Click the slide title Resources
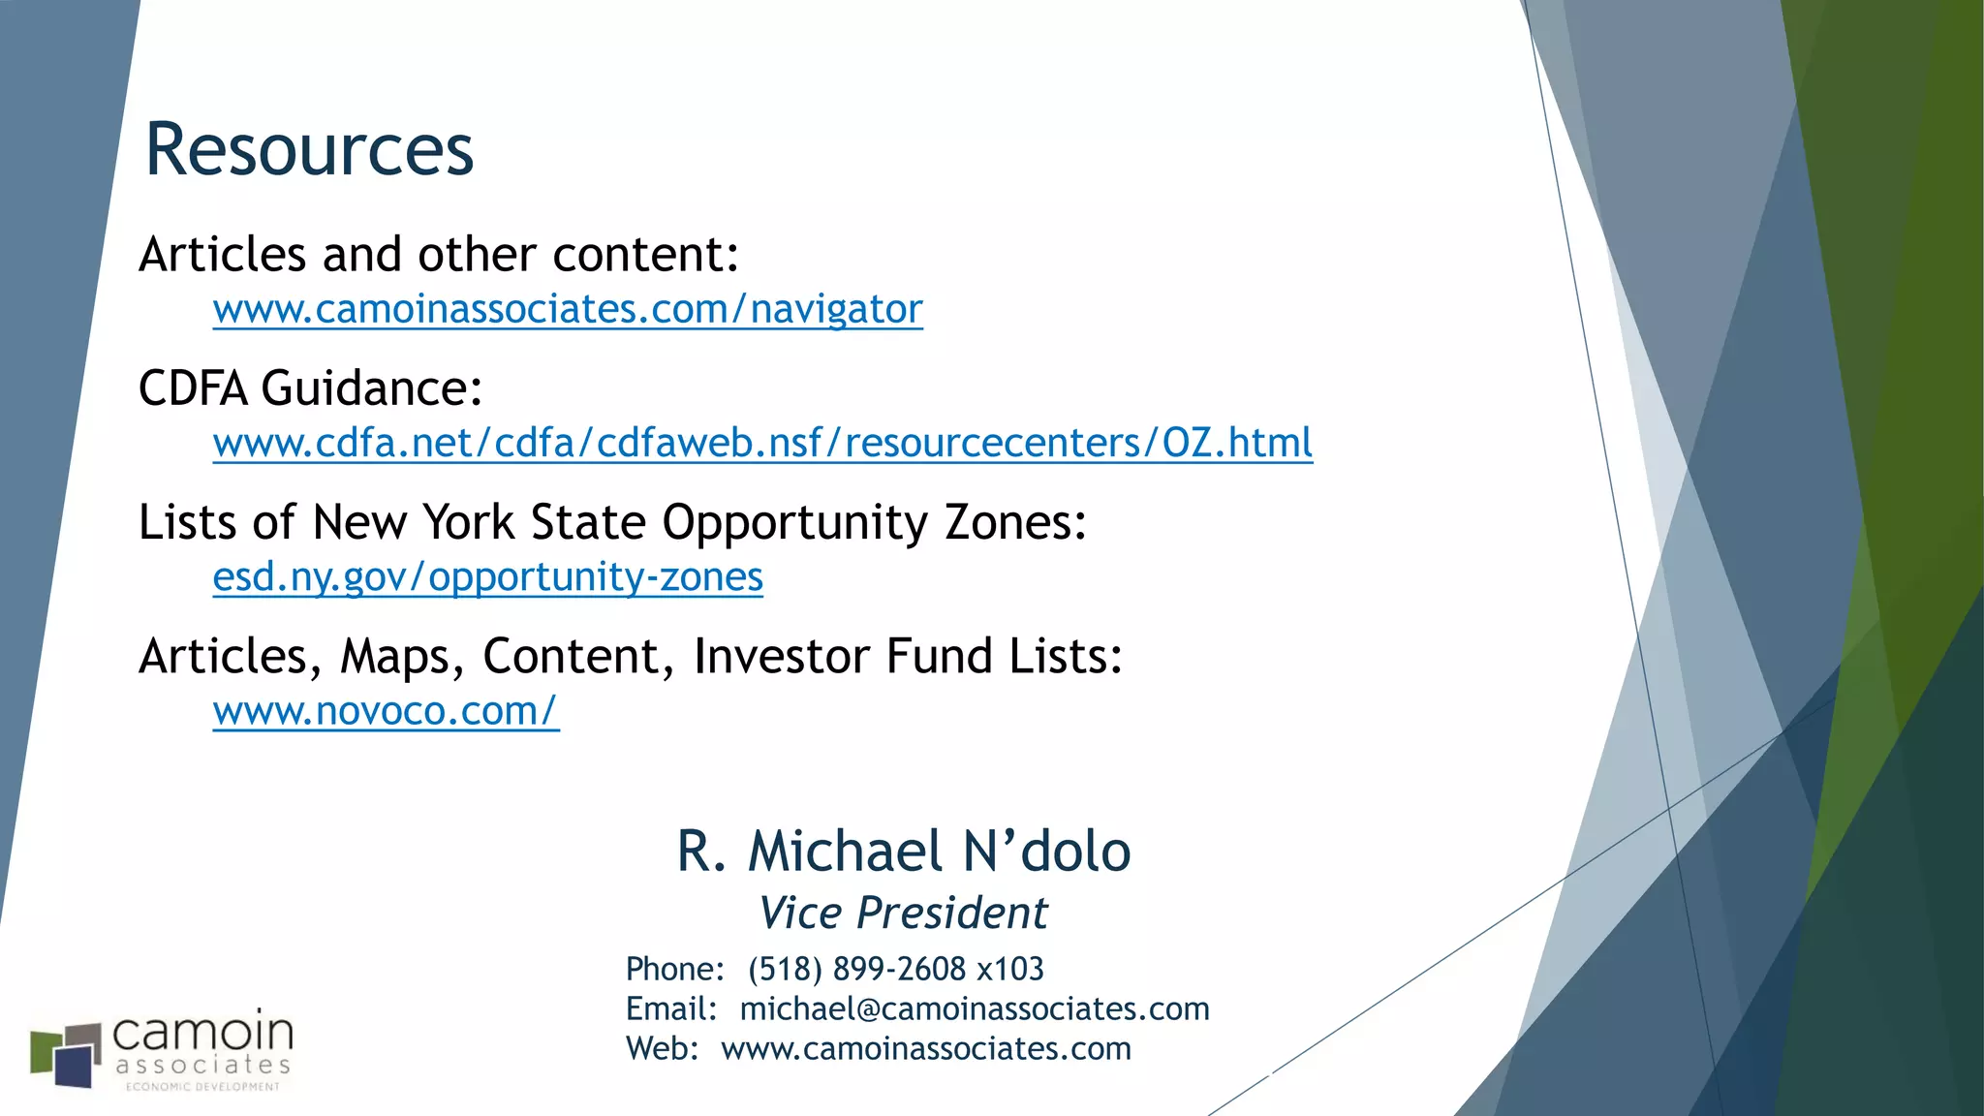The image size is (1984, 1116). pyautogui.click(x=309, y=150)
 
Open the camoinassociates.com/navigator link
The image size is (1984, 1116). pyautogui.click(x=568, y=310)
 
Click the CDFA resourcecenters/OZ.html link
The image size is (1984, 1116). pyautogui.click(x=762, y=444)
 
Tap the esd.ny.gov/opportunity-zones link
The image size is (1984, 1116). pyautogui.click(x=487, y=577)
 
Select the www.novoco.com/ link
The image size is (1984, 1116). pyautogui.click(x=386, y=711)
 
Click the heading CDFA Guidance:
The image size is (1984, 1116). pyautogui.click(x=310, y=388)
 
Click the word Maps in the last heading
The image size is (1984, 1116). pyautogui.click(x=395, y=657)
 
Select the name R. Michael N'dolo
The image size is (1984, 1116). pyautogui.click(x=903, y=852)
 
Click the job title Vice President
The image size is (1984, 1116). pyautogui.click(x=903, y=913)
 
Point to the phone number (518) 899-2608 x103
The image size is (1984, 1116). pyautogui.click(x=895, y=969)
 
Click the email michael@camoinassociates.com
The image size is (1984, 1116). pyautogui.click(x=975, y=1008)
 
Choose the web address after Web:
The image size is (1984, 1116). pyautogui.click(x=926, y=1048)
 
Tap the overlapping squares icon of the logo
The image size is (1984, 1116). pyautogui.click(x=66, y=1054)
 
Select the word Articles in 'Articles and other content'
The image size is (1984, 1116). pyautogui.click(x=223, y=255)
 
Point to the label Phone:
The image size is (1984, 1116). pyautogui.click(x=674, y=969)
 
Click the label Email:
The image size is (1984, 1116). pyautogui.click(x=670, y=1008)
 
